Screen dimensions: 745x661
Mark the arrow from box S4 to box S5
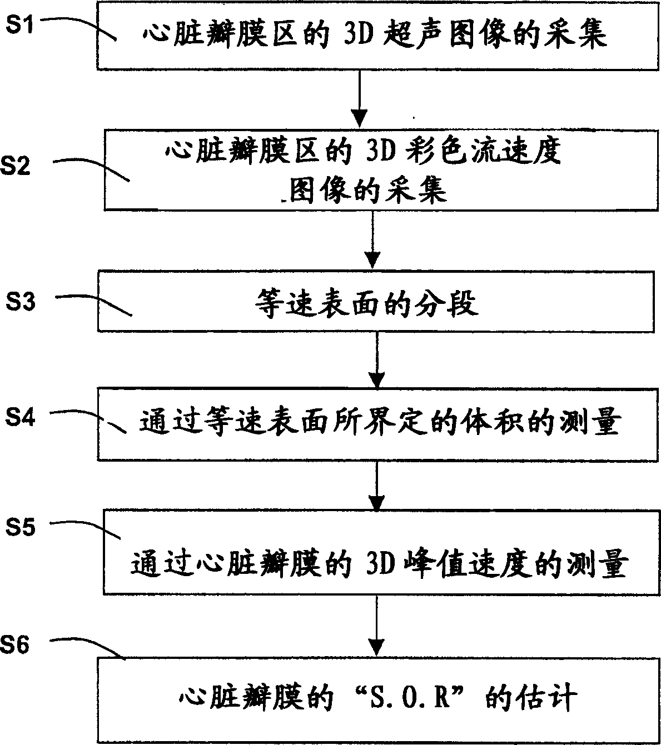[376, 483]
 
